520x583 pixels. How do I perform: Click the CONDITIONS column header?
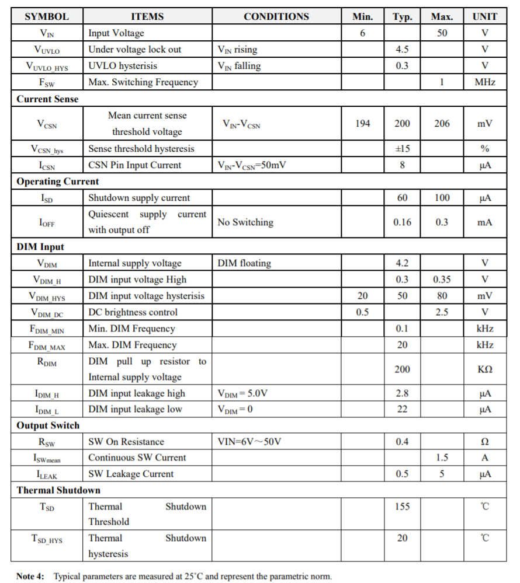point(276,16)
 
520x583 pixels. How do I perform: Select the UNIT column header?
point(484,16)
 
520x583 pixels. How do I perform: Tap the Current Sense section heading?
point(47,99)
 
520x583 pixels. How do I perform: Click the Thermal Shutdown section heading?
point(58,490)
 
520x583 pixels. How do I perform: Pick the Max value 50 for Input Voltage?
point(442,33)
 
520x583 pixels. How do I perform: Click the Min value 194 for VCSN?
point(362,124)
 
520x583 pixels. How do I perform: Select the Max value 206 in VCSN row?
point(442,124)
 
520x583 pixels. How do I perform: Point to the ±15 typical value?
point(402,149)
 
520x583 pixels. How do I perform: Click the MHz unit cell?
point(484,82)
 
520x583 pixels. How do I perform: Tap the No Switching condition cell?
point(245,222)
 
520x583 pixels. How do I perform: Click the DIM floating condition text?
point(244,263)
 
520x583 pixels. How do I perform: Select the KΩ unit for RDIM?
point(484,369)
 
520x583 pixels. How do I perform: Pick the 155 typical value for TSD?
point(402,507)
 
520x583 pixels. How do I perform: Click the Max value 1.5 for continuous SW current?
point(442,458)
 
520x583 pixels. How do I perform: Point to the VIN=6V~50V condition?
point(249,442)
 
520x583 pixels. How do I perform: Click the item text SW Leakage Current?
point(131,474)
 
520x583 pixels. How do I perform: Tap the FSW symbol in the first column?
point(47,82)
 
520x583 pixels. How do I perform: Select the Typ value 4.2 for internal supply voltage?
point(402,263)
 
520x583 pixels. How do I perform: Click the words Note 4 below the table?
point(30,576)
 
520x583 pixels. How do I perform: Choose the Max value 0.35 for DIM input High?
point(442,280)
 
